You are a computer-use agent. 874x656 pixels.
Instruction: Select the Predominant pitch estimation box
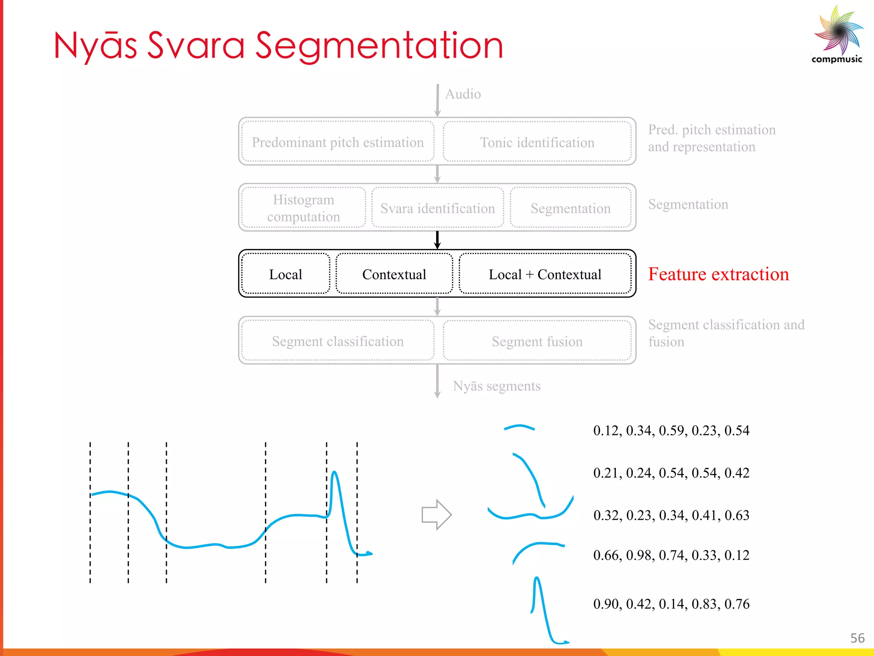point(338,142)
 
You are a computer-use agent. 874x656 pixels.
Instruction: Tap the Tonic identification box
point(537,142)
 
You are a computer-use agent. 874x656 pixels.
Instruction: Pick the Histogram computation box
point(303,208)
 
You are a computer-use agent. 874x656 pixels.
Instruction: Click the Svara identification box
point(437,208)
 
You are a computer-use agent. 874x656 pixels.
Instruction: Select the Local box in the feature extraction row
point(286,274)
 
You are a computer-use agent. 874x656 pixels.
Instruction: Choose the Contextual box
point(394,274)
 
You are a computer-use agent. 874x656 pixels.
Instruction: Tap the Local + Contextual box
point(545,274)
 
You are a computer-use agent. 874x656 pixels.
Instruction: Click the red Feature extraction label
point(718,274)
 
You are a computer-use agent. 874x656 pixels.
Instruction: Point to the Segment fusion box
point(537,341)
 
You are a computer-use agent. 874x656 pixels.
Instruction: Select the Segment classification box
point(338,341)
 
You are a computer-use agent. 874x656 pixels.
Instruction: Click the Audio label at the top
point(463,94)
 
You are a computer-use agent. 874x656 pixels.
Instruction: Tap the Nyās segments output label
point(496,386)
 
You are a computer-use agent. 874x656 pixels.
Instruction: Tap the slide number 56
point(857,638)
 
